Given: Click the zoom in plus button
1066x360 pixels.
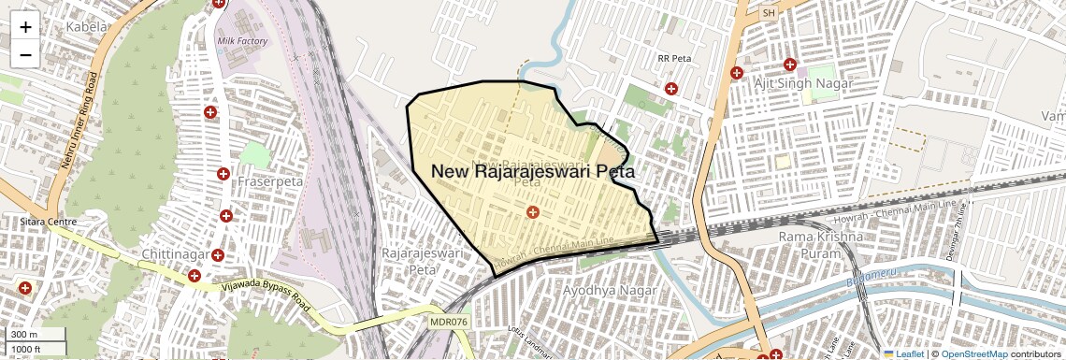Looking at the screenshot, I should (x=25, y=27).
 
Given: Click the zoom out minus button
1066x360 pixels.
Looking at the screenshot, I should (x=25, y=54).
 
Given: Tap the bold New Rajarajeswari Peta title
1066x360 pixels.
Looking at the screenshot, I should (x=532, y=172).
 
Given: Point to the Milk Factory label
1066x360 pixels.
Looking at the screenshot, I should (x=242, y=41).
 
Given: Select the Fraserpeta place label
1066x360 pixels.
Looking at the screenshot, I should (x=270, y=180).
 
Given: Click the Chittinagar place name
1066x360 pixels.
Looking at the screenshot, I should (x=178, y=254).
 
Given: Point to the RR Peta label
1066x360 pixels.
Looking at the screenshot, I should (x=673, y=58).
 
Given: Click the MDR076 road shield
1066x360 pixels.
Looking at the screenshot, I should (x=448, y=322).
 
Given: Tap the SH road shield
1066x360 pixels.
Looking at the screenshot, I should (x=770, y=13).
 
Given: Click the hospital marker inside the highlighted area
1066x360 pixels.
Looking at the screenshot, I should (x=532, y=213).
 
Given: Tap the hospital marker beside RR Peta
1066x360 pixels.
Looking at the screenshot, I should (x=670, y=89).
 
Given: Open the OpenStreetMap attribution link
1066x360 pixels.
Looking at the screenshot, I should (x=973, y=354).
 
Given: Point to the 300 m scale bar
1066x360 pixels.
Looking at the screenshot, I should (x=36, y=335).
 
